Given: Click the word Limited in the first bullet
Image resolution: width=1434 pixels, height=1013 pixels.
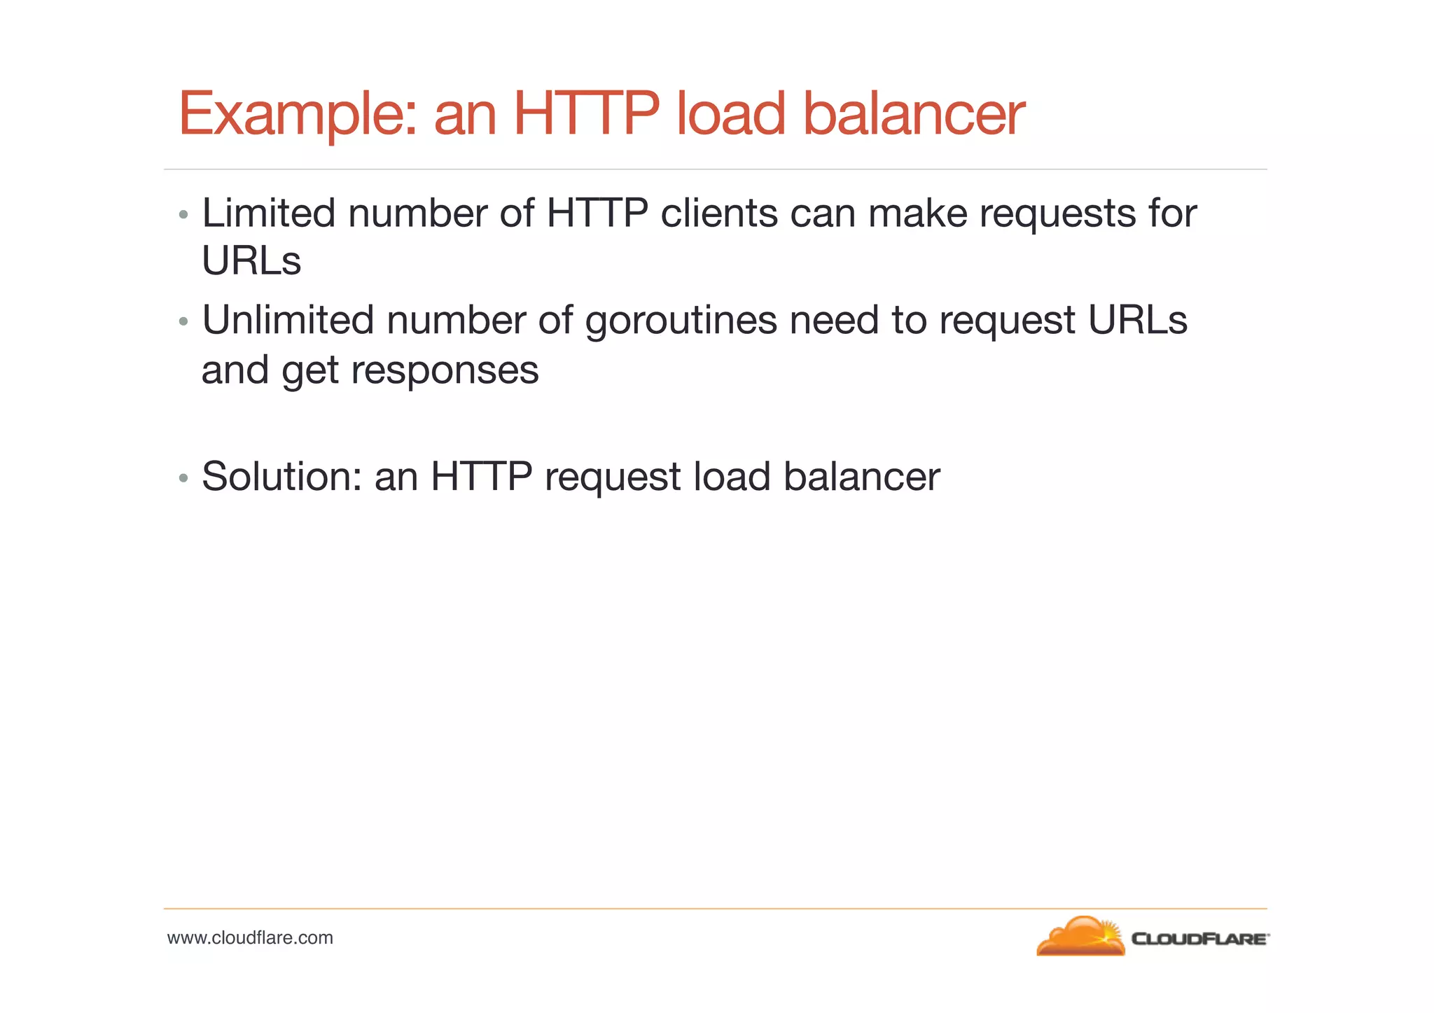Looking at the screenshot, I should [x=268, y=213].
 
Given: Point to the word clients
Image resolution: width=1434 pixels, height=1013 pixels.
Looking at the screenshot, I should [x=719, y=213].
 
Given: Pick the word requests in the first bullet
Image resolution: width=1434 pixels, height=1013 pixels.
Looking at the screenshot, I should [x=1057, y=214].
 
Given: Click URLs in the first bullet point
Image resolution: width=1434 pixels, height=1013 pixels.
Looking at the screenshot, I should [x=251, y=261].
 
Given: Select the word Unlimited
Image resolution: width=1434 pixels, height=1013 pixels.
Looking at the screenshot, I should [x=288, y=320].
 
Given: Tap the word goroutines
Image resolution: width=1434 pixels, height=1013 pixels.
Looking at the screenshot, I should [x=681, y=321].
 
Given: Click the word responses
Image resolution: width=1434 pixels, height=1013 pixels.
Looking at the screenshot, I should [x=445, y=370].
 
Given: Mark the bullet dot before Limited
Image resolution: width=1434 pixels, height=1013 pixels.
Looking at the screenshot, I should [x=183, y=214].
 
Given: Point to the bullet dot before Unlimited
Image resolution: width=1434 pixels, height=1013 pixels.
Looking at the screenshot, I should [x=183, y=321].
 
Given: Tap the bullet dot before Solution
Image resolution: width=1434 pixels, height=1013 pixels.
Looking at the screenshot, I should [x=183, y=478].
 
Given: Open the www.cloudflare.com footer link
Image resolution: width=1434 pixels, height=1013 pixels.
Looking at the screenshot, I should [x=250, y=937].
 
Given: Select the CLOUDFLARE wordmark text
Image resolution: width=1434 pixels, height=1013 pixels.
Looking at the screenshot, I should [x=1199, y=939].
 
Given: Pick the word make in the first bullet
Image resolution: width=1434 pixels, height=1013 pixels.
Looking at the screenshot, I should [x=917, y=213].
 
